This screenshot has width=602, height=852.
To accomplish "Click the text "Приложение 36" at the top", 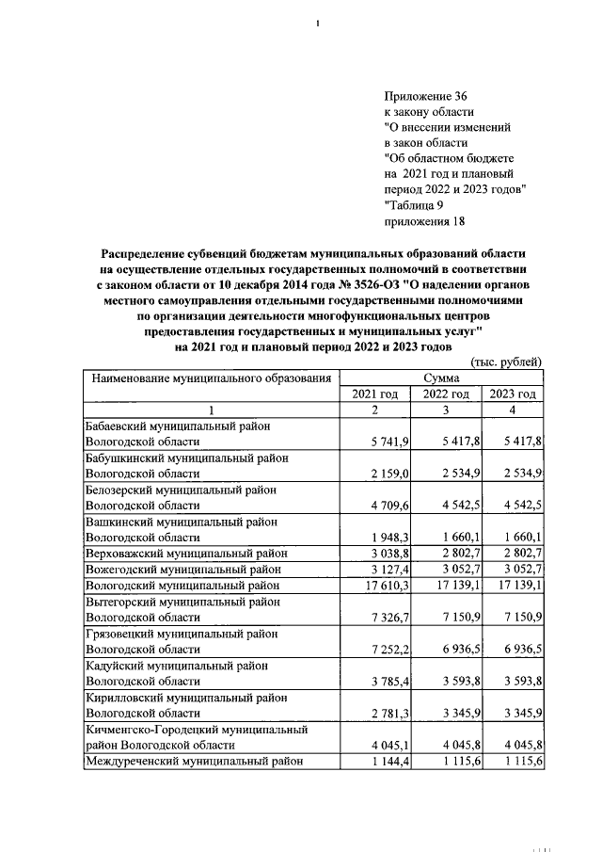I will (425, 96).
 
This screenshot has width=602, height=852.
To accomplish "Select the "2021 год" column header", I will (374, 394).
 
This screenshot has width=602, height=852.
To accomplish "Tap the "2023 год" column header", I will (513, 394).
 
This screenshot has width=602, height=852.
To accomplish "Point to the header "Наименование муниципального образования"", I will (210, 378).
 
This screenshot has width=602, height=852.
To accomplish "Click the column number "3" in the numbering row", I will (446, 410).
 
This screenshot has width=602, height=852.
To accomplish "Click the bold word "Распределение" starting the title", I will (149, 255).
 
